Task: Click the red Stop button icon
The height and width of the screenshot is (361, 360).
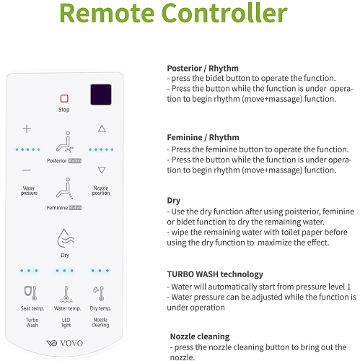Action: click(64, 98)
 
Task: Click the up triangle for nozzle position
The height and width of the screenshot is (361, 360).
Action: click(102, 129)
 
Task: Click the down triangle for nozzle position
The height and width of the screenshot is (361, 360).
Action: click(102, 170)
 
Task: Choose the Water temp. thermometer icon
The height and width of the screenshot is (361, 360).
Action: click(64, 293)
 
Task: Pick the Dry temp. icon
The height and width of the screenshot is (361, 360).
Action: click(100, 293)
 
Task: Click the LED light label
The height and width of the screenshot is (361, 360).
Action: click(64, 323)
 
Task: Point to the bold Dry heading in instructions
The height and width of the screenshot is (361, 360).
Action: click(173, 201)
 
